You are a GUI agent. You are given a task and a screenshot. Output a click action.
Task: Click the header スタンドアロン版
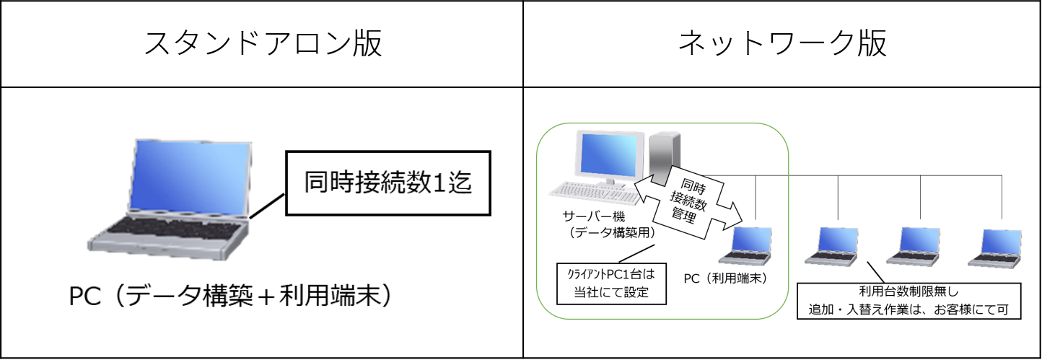[262, 45]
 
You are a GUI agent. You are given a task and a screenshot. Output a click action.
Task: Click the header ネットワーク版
[782, 45]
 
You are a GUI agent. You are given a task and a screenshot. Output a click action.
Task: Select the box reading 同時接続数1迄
[388, 183]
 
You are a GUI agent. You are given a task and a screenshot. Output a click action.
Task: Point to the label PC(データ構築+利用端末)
[231, 297]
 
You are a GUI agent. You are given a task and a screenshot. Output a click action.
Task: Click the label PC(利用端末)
[724, 278]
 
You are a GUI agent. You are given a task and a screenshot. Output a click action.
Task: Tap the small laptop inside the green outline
[748, 246]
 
